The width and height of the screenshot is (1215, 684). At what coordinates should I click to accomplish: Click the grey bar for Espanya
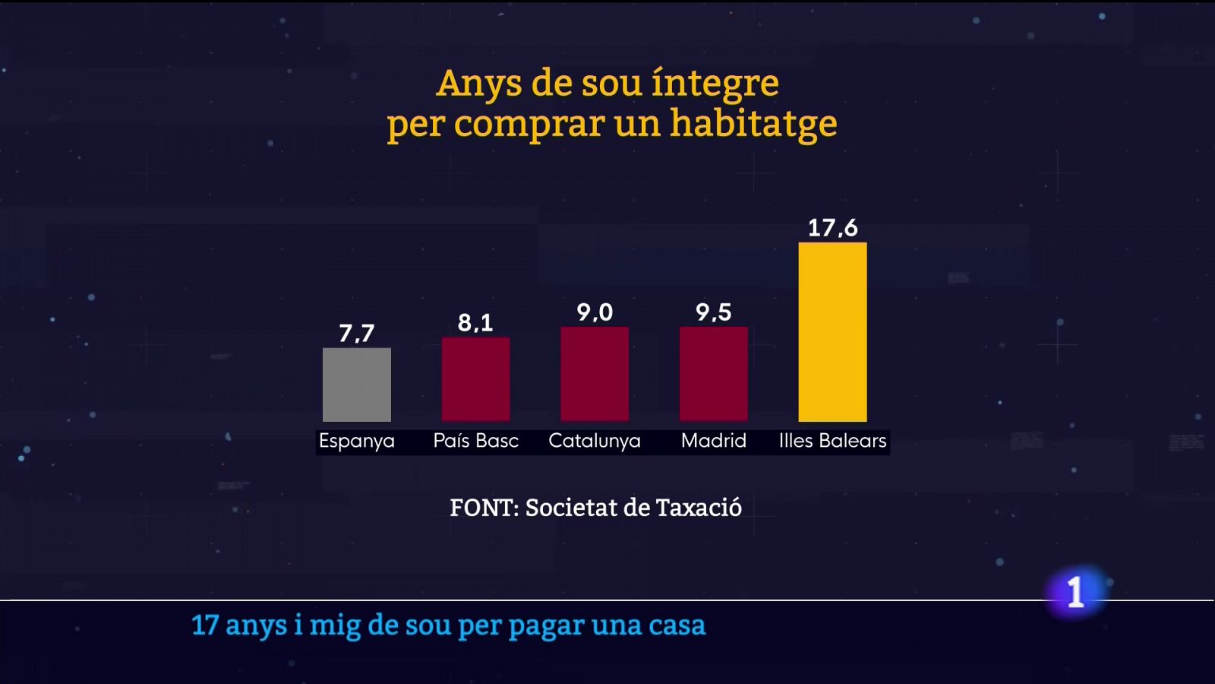coord(356,385)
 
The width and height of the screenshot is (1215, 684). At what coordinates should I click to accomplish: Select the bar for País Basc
coord(475,379)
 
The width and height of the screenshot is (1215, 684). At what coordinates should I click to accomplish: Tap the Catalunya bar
coord(595,374)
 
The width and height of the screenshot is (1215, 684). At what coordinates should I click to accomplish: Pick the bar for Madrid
coord(713,374)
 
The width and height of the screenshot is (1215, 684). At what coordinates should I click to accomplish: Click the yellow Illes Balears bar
coord(832,332)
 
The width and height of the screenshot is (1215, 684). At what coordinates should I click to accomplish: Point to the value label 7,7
coord(356,333)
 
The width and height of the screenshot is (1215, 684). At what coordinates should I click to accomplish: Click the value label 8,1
coord(475,323)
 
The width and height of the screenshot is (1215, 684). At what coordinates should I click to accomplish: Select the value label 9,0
coord(595,312)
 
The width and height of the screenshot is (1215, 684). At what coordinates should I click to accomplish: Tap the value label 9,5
coord(713,312)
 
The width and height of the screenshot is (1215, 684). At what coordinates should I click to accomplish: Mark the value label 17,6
coord(832,227)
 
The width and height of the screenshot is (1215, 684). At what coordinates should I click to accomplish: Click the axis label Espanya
coord(356,441)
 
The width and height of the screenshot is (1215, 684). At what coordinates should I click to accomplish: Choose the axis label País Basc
coord(475,441)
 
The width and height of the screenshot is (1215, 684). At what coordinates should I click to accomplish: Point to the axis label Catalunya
coord(595,441)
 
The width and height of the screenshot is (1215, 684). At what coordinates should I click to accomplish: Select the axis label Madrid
coord(713,441)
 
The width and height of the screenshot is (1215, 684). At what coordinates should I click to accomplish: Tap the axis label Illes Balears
coord(832,441)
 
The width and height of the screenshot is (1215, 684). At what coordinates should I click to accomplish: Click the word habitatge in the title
coord(753,124)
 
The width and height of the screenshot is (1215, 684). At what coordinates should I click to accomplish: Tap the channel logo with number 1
coord(1075,592)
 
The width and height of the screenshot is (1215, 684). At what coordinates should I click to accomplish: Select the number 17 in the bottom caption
coord(205,625)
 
